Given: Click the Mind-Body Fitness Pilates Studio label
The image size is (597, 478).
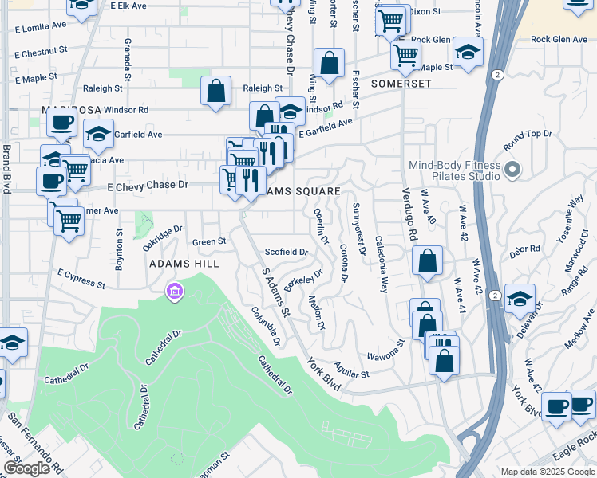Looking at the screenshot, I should [454, 170].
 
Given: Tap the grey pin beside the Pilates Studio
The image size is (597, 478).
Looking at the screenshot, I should [512, 170].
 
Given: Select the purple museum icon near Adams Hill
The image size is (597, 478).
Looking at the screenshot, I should [172, 293].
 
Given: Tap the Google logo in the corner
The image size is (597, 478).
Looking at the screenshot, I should [26, 468].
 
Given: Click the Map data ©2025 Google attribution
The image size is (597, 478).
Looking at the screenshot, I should [548, 472].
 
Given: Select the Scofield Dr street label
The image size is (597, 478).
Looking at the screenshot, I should [286, 252].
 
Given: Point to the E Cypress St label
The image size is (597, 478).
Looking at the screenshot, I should [81, 278].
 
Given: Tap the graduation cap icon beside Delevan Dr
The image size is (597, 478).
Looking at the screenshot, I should [520, 299].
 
